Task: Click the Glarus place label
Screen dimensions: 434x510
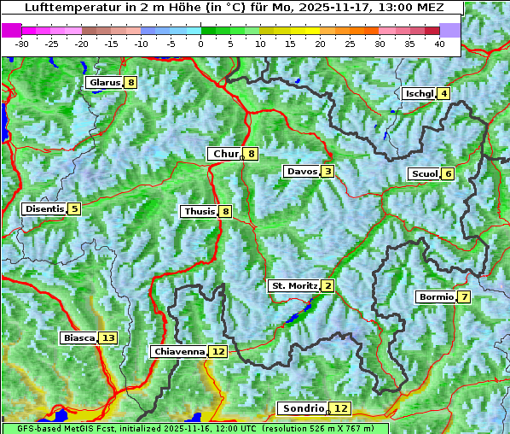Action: coord(104,83)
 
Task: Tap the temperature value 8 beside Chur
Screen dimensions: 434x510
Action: coord(252,154)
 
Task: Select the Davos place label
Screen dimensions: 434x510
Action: coord(301,172)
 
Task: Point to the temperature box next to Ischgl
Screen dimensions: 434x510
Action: coord(443,93)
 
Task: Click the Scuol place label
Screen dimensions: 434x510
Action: coord(424,174)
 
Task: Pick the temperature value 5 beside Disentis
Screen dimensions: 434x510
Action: coord(74,208)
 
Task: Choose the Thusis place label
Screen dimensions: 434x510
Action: coord(199,211)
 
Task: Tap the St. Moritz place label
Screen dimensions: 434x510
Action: coord(293,285)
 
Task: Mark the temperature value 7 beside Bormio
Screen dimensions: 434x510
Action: coord(463,297)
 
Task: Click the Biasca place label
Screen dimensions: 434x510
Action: coord(79,337)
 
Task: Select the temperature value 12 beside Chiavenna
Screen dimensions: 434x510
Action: coord(218,351)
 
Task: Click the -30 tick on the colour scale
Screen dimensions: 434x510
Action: coord(22,43)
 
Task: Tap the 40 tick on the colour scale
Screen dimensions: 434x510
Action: coord(439,43)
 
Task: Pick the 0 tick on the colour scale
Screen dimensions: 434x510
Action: coord(200,43)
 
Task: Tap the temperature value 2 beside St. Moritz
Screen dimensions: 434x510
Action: coord(328,285)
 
